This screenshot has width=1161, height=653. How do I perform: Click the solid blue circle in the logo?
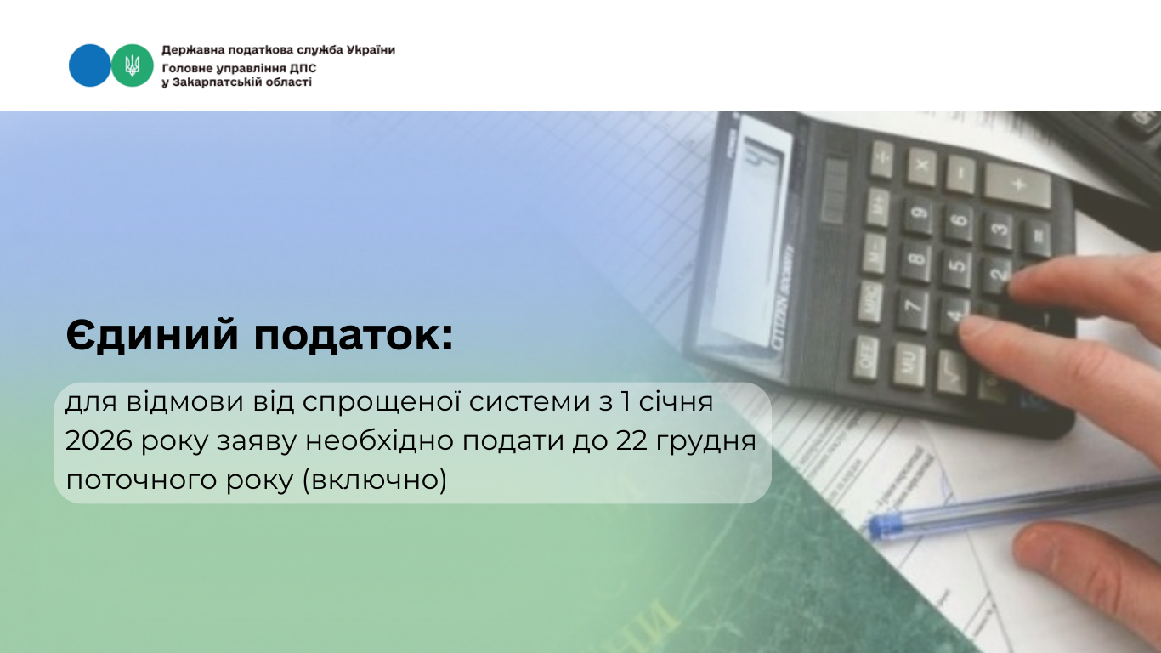tap(89, 65)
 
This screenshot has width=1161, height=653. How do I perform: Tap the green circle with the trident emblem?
tap(133, 65)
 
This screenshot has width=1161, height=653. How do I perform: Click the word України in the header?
tap(371, 50)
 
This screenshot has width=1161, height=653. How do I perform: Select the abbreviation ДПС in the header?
tap(303, 69)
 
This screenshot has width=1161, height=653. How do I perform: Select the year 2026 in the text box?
tap(99, 441)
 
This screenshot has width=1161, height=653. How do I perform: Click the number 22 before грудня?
tap(631, 441)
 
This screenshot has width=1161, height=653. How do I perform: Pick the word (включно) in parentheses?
tap(374, 480)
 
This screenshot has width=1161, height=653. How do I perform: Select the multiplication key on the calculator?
tap(922, 167)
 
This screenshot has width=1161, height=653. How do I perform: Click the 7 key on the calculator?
tap(914, 308)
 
